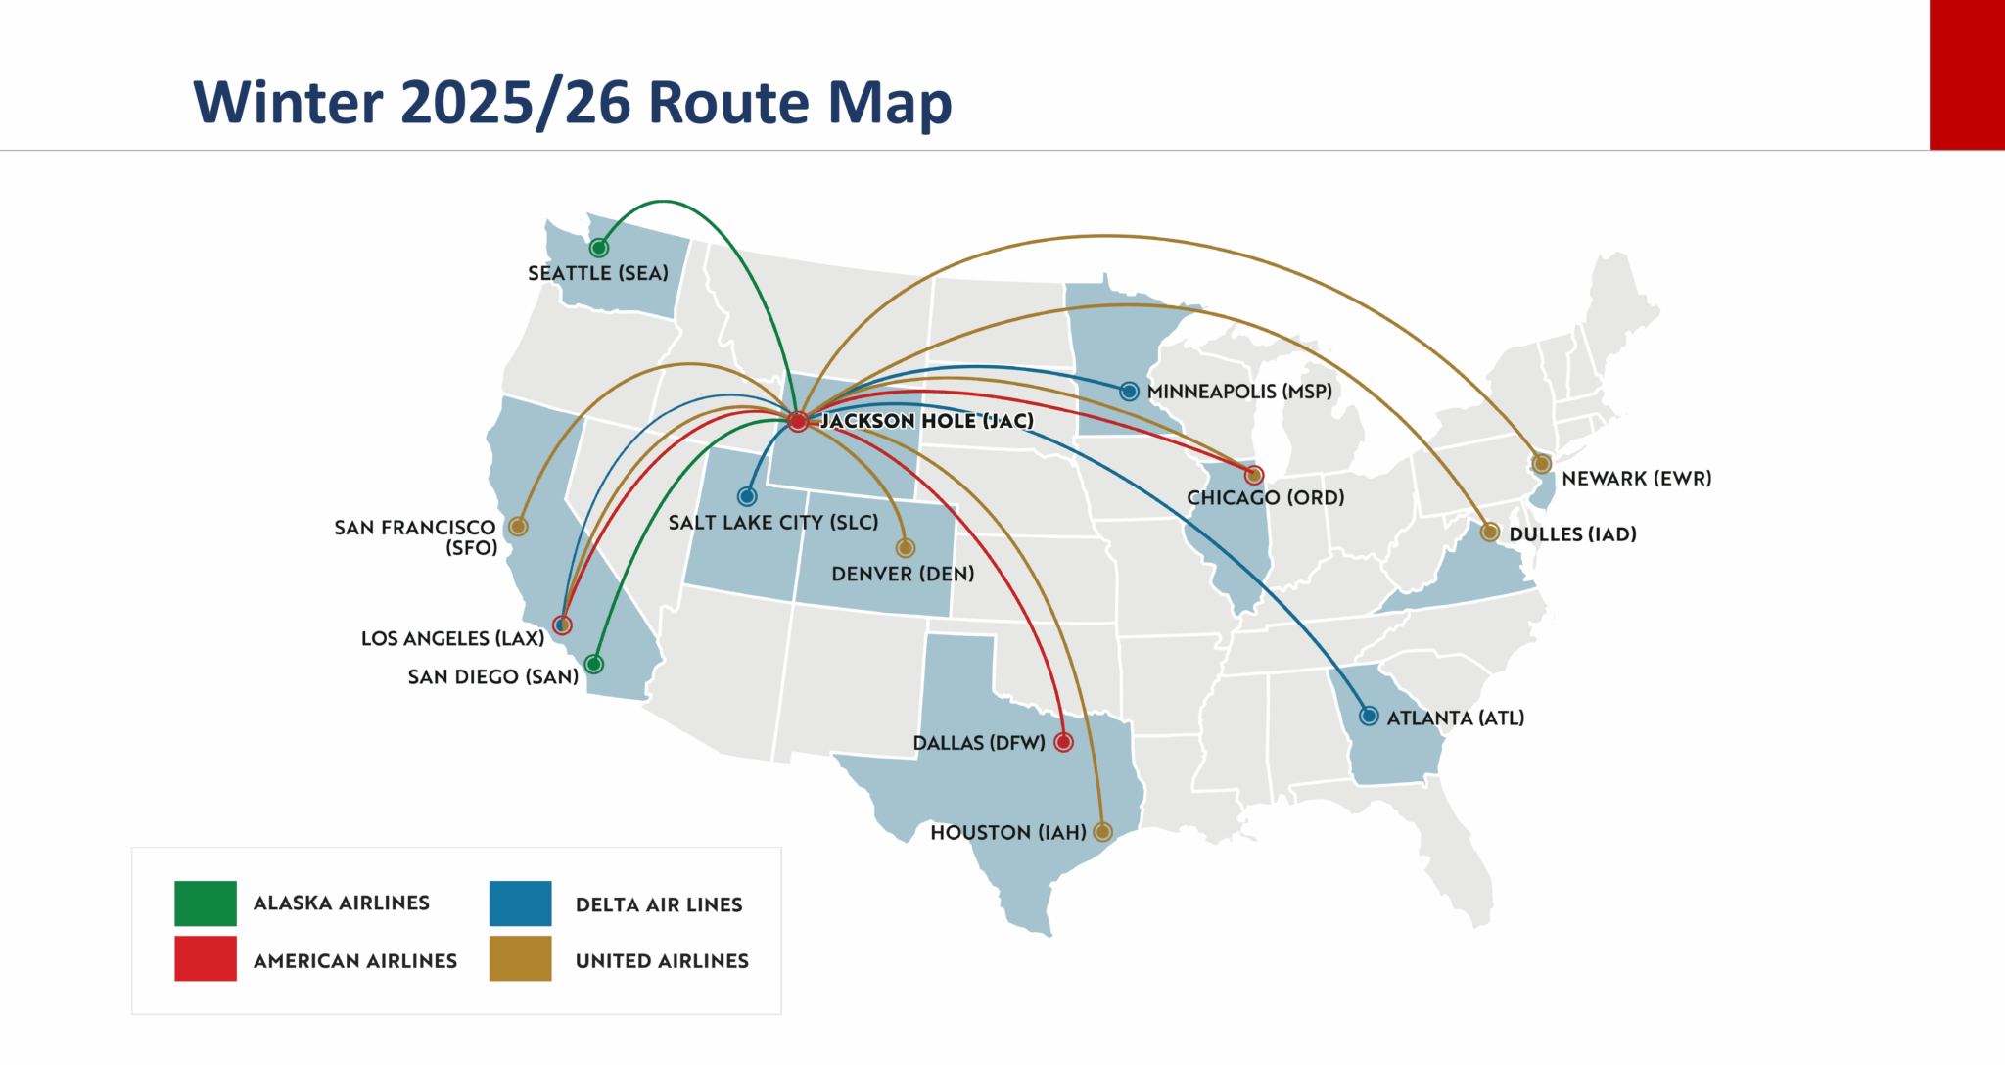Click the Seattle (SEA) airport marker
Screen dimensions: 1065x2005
click(599, 248)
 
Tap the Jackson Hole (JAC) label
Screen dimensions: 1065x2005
click(926, 421)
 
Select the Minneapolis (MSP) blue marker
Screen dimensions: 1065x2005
click(1129, 392)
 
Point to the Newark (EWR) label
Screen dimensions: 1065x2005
click(1636, 479)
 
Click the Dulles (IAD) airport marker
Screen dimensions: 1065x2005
click(1489, 532)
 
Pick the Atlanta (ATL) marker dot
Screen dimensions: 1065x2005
click(1369, 717)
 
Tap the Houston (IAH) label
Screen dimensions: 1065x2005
click(1007, 833)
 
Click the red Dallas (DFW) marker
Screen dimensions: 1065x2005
click(1063, 743)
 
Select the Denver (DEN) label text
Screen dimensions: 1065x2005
click(903, 574)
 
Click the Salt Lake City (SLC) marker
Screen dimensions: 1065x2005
click(747, 496)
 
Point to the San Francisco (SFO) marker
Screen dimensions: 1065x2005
click(518, 527)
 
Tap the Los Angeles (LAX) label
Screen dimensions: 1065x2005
click(452, 639)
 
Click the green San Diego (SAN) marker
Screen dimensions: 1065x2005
click(593, 665)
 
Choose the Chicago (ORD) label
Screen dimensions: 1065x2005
click(1265, 497)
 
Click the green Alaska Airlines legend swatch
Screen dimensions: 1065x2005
click(206, 903)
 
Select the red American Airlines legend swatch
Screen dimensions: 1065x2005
click(206, 959)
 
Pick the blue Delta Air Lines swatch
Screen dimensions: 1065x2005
click(520, 903)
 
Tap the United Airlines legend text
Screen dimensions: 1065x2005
click(662, 961)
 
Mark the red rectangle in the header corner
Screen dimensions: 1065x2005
click(1967, 74)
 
